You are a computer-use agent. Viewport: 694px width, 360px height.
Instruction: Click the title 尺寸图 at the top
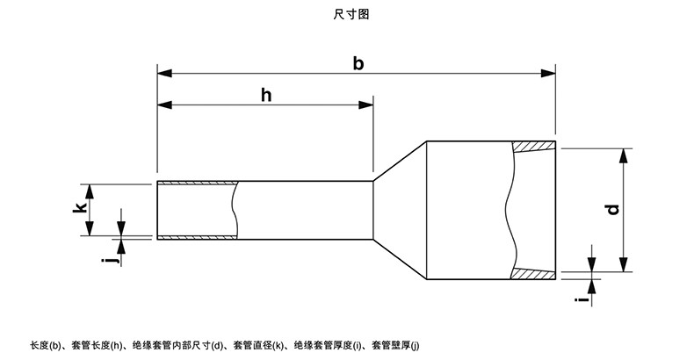pyautogui.click(x=346, y=14)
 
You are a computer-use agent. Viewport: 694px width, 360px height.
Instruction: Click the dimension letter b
pyautogui.click(x=357, y=62)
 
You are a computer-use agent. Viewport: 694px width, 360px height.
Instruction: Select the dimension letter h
pyautogui.click(x=266, y=95)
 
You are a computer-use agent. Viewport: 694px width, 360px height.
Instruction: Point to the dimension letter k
pyautogui.click(x=79, y=209)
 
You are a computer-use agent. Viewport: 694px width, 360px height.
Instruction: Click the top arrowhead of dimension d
pyautogui.click(x=624, y=155)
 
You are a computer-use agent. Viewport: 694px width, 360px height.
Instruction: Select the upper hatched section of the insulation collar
pyautogui.click(x=534, y=147)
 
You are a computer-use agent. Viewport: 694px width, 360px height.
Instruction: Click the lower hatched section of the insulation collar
pyautogui.click(x=534, y=274)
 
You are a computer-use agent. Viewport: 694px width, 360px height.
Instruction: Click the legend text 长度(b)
pyautogui.click(x=49, y=345)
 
